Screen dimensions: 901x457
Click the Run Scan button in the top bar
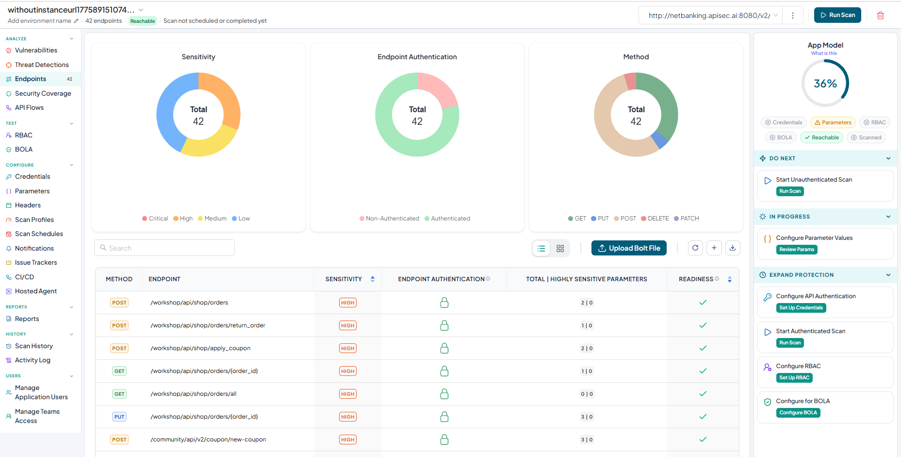837,15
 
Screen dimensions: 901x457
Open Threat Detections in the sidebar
42,65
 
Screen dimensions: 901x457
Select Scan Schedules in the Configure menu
39,234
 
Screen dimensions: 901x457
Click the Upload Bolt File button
629,248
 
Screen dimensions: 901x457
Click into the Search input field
164,248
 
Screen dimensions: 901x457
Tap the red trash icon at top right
880,16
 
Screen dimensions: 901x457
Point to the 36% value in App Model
825,84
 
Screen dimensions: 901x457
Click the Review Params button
797,250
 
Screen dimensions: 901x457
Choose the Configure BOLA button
798,413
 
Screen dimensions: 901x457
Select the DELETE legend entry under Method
655,219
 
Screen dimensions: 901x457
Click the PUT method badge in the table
119,417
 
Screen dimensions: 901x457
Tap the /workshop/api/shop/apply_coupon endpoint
200,348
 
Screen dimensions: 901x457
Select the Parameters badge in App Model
833,122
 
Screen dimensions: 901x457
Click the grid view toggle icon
560,249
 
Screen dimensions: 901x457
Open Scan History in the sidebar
34,346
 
